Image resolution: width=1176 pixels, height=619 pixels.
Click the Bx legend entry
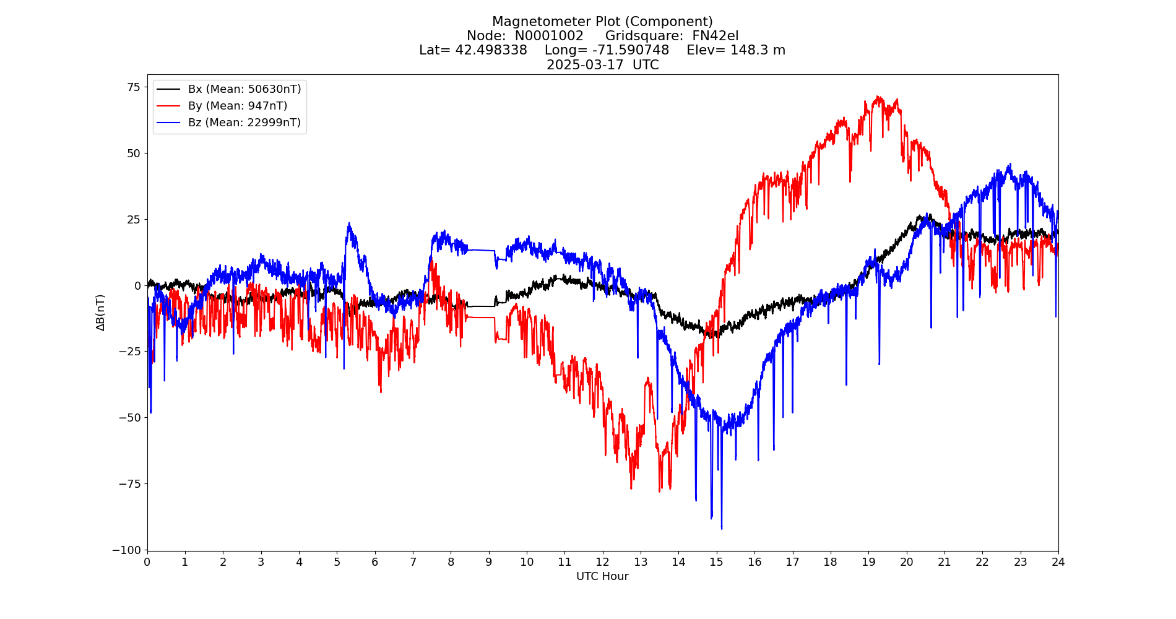tap(244, 89)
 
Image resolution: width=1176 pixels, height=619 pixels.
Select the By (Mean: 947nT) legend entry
tap(237, 106)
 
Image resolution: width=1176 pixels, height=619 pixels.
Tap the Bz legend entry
tap(244, 123)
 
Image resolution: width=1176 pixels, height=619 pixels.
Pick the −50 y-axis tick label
tap(130, 417)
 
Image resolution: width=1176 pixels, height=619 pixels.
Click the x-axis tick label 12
tap(602, 562)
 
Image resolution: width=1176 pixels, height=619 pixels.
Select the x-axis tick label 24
tap(1058, 562)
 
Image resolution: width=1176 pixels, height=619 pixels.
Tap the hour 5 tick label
tap(337, 562)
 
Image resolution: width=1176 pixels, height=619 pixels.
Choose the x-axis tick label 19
tap(868, 562)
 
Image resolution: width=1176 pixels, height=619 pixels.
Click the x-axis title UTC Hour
tap(602, 576)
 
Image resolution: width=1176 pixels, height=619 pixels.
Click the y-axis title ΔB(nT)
tap(100, 313)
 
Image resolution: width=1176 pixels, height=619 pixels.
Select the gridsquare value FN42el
tap(715, 36)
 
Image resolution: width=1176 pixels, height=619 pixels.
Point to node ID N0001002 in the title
tap(549, 36)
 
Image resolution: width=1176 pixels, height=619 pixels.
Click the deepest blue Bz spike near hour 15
tap(722, 528)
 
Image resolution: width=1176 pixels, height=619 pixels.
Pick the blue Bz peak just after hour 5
tap(349, 223)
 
